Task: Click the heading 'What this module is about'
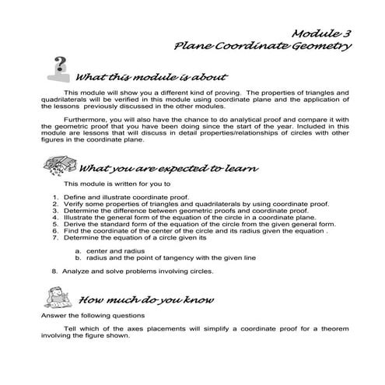(x=151, y=78)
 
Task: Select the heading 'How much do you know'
(x=147, y=299)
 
